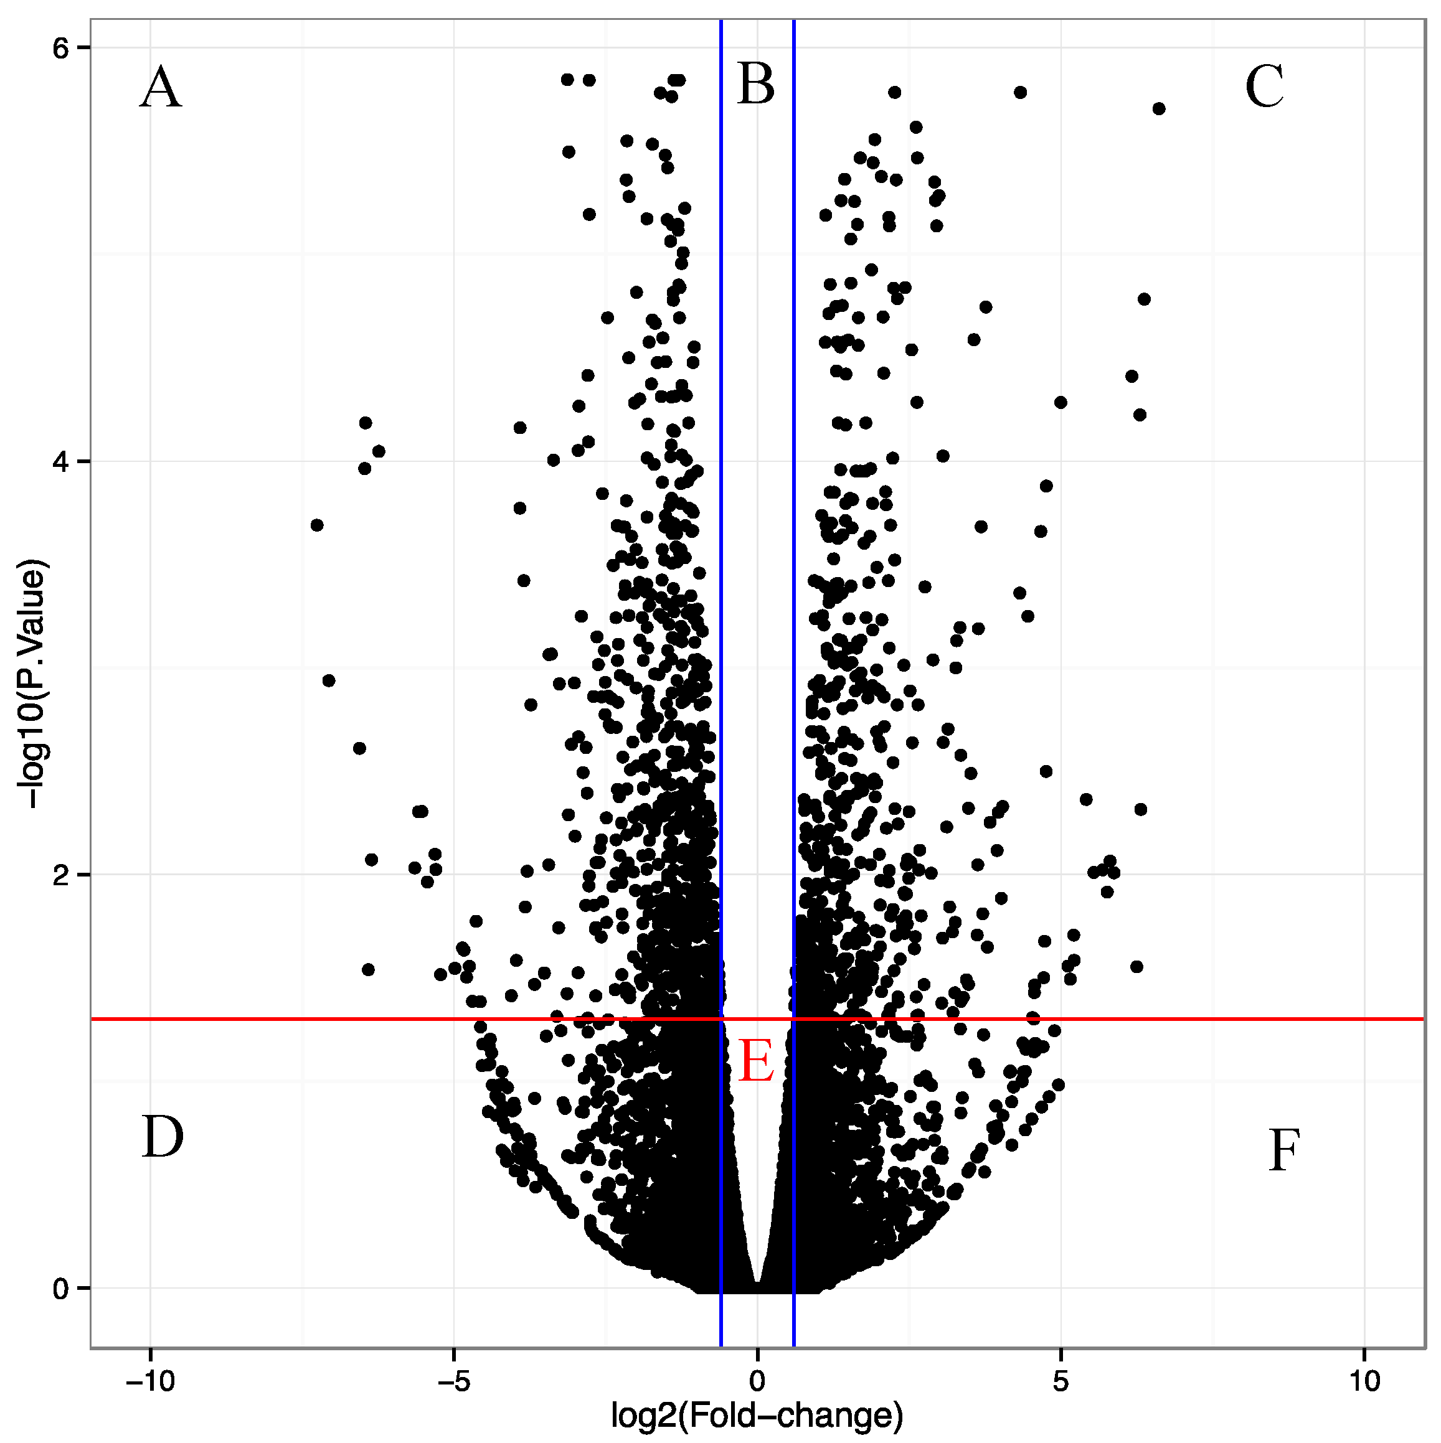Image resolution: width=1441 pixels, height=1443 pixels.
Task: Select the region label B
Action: (756, 85)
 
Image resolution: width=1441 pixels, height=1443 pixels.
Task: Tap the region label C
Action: (1264, 87)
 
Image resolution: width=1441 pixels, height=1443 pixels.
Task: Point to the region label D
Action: (162, 1137)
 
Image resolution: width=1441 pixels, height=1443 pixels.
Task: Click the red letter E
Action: (756, 1061)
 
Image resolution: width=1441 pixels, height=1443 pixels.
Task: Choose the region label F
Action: (1283, 1151)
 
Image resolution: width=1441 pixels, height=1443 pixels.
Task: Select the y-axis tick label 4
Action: (60, 461)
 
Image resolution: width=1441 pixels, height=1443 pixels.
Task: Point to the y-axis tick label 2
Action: (60, 875)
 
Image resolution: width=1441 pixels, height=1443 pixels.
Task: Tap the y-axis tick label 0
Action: (60, 1289)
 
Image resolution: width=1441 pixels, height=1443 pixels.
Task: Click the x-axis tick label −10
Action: (150, 1381)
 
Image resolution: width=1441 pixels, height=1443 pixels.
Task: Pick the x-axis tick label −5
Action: (453, 1381)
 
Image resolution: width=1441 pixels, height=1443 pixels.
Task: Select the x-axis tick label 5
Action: (1061, 1381)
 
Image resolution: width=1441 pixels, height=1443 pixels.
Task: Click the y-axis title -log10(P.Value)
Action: (34, 684)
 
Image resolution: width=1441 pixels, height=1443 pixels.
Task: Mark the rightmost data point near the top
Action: (1159, 109)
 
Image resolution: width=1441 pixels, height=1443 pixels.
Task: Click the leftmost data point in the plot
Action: (317, 525)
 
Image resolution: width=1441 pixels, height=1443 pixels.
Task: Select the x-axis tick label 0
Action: (757, 1381)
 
